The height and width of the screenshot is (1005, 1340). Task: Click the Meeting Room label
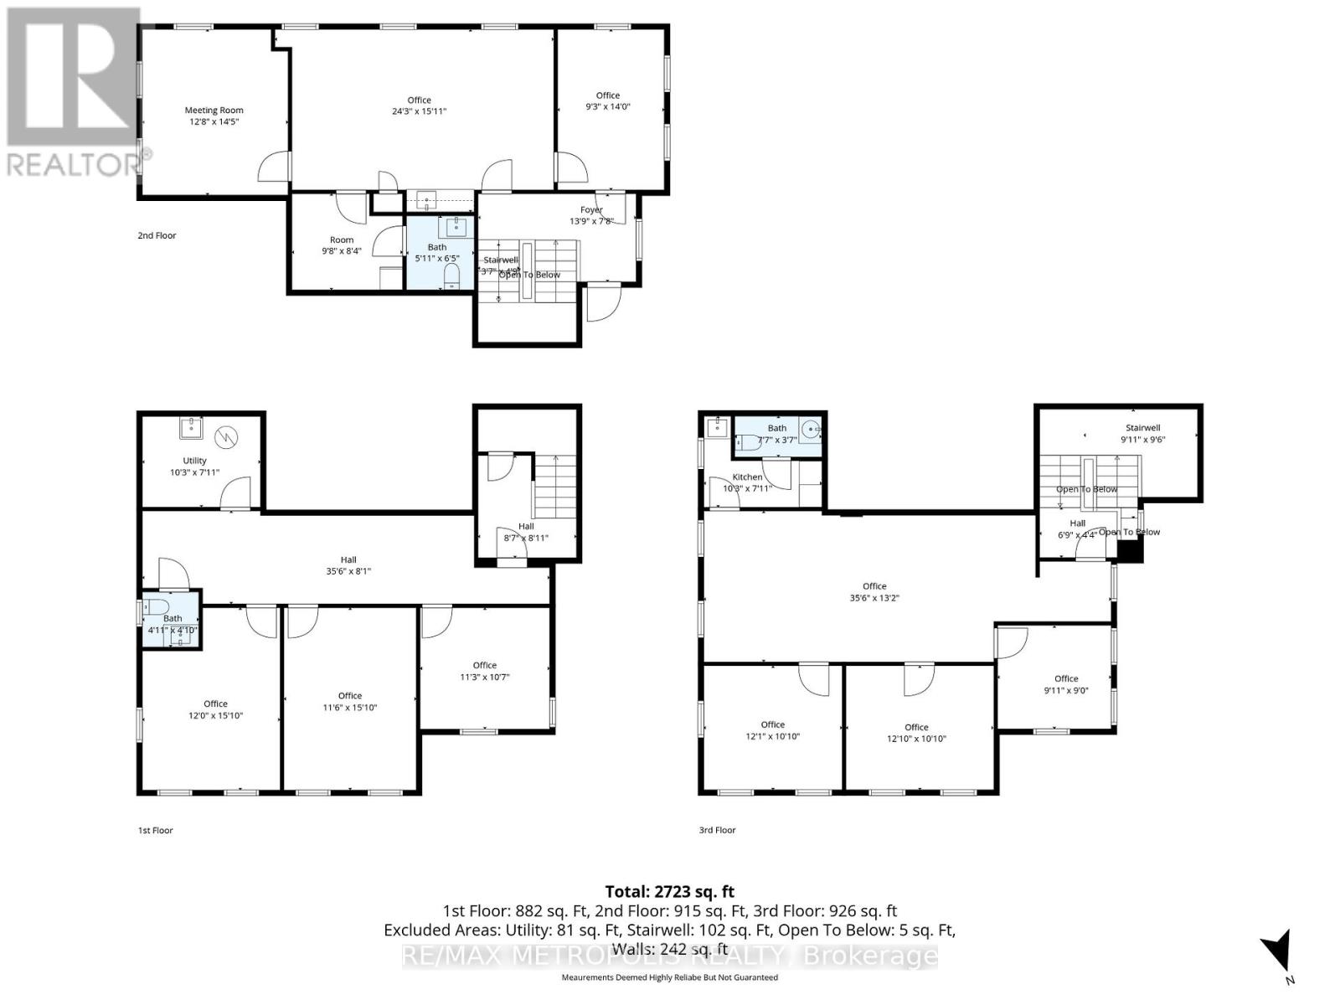pyautogui.click(x=214, y=110)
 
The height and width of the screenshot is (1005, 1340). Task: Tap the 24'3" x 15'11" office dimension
pyautogui.click(x=420, y=111)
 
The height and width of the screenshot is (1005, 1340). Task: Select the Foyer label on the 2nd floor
pyautogui.click(x=591, y=210)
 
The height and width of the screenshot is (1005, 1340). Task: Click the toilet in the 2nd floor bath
pyautogui.click(x=451, y=277)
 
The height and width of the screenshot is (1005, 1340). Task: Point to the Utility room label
pyautogui.click(x=194, y=461)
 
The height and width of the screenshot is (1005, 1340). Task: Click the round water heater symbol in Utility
pyautogui.click(x=225, y=436)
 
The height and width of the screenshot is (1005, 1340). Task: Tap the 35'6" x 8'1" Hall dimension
pyautogui.click(x=348, y=571)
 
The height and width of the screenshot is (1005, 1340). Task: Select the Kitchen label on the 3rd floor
pyautogui.click(x=748, y=477)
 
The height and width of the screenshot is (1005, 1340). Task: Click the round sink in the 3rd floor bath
pyautogui.click(x=811, y=430)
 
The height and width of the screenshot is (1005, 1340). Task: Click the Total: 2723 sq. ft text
pyautogui.click(x=669, y=892)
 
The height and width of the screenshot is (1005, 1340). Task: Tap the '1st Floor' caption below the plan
pyautogui.click(x=156, y=831)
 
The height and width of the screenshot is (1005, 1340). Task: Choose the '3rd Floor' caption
pyautogui.click(x=717, y=831)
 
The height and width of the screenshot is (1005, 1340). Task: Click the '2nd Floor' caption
pyautogui.click(x=157, y=235)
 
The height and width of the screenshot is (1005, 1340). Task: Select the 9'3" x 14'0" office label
pyautogui.click(x=608, y=106)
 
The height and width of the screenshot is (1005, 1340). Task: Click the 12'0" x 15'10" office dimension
pyautogui.click(x=215, y=716)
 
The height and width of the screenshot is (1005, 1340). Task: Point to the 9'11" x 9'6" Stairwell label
pyautogui.click(x=1143, y=439)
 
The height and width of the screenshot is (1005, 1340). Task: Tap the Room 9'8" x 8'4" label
pyautogui.click(x=342, y=250)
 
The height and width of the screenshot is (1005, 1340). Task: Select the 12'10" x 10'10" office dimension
pyautogui.click(x=916, y=739)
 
